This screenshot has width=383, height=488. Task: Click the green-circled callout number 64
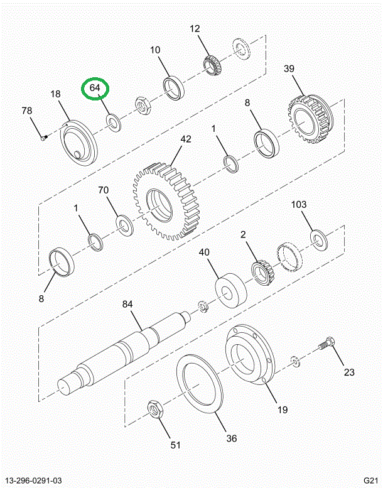coord(95,89)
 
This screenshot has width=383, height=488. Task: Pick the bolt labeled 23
coord(326,343)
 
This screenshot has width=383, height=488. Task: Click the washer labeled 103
coord(320,238)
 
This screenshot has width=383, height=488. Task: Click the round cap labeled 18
coord(79,145)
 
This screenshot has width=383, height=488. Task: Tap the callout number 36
coord(232,438)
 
